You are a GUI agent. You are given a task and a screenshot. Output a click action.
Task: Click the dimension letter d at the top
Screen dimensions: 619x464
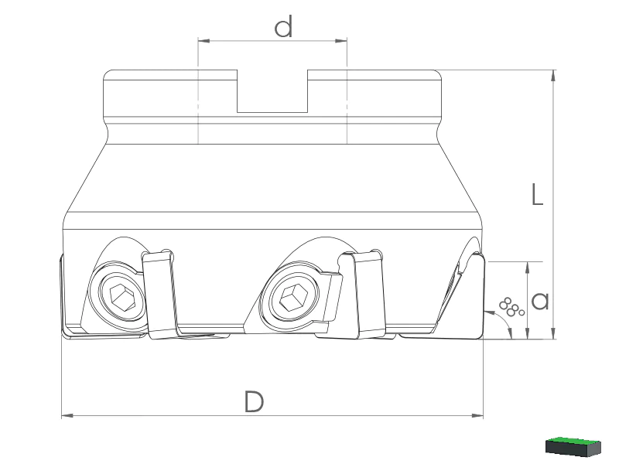283,26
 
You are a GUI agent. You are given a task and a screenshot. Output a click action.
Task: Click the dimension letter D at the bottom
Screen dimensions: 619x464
254,401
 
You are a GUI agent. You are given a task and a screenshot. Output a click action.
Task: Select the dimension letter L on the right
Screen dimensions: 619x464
537,194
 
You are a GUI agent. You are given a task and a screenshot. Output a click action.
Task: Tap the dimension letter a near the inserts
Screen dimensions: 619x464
540,301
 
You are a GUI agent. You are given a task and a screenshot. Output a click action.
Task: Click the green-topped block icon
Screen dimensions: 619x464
573,446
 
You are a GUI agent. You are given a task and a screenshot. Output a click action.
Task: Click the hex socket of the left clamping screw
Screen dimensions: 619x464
123,296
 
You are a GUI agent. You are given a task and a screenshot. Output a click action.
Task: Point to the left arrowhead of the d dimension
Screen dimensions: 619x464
203,40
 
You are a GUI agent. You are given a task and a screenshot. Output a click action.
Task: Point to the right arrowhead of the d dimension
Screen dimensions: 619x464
341,40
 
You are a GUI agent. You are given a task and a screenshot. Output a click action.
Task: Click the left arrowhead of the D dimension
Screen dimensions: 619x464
67,415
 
